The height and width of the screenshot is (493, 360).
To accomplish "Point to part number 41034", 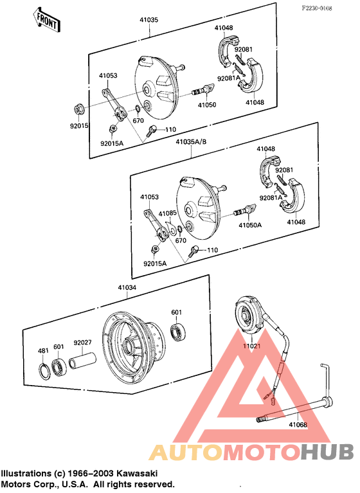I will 127,288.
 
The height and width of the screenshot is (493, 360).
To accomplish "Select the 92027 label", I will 82,343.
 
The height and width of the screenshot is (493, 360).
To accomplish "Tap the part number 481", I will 43,350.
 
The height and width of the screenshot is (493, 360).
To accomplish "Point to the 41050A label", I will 250,226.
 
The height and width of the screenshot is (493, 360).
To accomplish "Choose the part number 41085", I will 168,213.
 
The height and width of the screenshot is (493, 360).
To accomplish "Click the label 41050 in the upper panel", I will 206,104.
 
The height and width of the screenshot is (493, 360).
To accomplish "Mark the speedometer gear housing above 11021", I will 249,314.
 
